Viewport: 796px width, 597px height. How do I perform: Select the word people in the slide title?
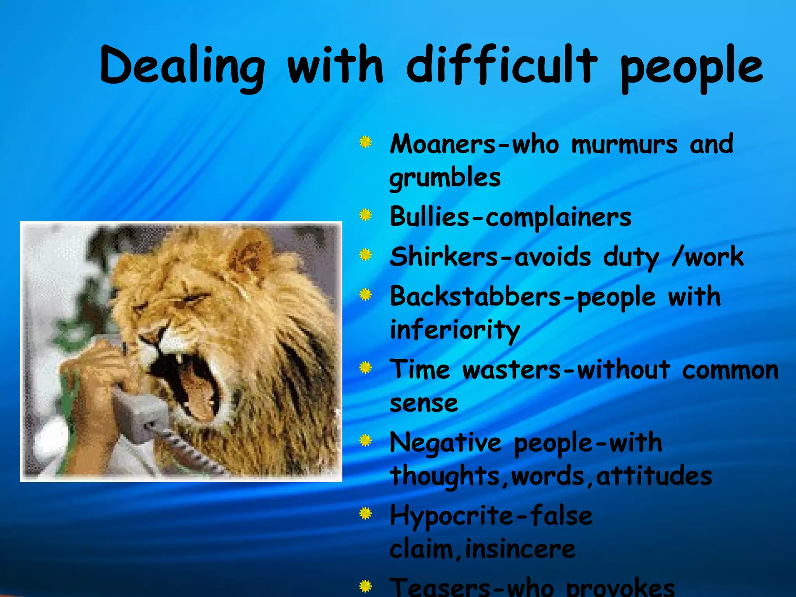pos(691,68)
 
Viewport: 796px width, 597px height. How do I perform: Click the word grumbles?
pos(445,178)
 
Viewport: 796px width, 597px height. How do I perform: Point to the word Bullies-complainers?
pos(510,217)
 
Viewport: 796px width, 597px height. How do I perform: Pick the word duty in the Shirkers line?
pos(631,257)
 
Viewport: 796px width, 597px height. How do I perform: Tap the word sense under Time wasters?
pos(424,403)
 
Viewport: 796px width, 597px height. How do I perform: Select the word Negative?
pos(445,443)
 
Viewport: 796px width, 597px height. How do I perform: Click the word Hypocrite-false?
pos(491,516)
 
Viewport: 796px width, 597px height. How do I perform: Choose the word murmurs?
pos(624,144)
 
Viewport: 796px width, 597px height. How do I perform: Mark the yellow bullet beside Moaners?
pos(365,142)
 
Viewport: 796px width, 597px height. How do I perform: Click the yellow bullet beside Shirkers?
pos(365,255)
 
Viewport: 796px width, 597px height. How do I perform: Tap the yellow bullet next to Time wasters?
pos(365,367)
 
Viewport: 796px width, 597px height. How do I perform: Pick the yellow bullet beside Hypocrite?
pos(365,514)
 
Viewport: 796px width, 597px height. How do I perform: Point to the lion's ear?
pos(249,253)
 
